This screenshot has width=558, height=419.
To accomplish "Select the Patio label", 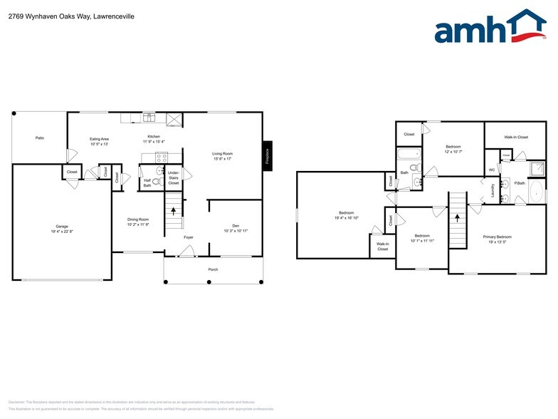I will click(40, 138).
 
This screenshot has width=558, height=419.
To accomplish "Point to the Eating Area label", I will click(99, 139).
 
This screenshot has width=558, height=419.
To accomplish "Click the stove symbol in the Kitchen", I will click(162, 157).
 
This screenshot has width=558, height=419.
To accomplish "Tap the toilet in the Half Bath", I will click(156, 182).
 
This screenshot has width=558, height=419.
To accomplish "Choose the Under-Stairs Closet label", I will click(173, 177).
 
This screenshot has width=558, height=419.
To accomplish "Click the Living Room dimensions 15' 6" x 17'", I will click(223, 159).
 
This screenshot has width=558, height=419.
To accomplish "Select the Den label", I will click(235, 225).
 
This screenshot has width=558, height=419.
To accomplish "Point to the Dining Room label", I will click(138, 219).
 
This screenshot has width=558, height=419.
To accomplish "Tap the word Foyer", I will click(189, 237).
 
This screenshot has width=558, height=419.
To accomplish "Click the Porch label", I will click(214, 269).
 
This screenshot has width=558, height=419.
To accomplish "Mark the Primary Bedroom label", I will click(498, 237).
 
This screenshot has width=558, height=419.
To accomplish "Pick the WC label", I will click(492, 170).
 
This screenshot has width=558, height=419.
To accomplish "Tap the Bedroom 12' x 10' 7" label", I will click(453, 147).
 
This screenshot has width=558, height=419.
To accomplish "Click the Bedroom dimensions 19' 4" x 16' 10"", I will click(346, 218).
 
